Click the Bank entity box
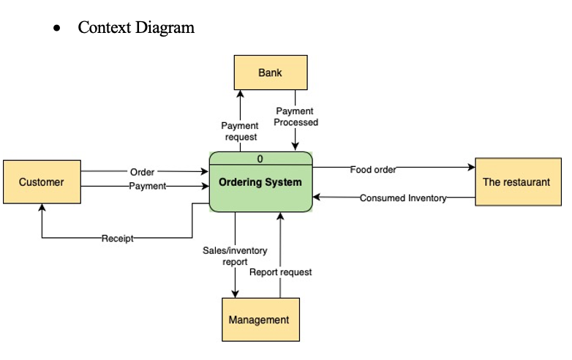(270, 72)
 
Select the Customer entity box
(42, 181)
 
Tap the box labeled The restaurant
(516, 181)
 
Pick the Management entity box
(259, 320)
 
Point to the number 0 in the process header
(260, 159)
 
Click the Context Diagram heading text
(136, 28)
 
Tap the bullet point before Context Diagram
(56, 29)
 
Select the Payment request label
(240, 132)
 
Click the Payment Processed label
(296, 117)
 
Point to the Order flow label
(142, 172)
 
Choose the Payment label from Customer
(148, 186)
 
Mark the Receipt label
(118, 238)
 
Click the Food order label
(373, 169)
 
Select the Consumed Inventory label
(402, 198)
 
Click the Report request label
(280, 272)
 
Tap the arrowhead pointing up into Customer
(42, 209)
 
